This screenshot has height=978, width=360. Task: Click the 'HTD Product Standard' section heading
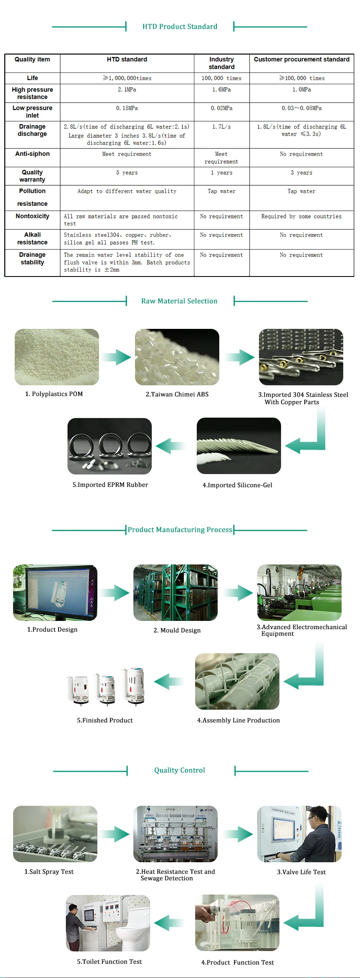[180, 27]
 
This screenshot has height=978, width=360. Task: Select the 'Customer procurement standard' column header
[301, 59]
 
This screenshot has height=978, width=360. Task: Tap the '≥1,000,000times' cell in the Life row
[127, 78]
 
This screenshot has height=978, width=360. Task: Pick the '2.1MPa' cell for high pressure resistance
[127, 90]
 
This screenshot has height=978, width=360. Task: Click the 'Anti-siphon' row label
[32, 154]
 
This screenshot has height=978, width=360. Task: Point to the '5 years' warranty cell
[127, 173]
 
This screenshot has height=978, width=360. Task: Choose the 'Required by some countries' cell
[301, 216]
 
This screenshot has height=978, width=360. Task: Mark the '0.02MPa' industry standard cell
[222, 108]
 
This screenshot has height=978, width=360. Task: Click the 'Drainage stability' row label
[32, 259]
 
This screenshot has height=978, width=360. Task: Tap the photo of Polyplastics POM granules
[57, 357]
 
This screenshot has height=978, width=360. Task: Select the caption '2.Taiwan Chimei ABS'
[177, 394]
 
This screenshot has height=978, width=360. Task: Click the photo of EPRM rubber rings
[110, 446]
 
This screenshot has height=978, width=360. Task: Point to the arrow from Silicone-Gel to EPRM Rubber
[171, 446]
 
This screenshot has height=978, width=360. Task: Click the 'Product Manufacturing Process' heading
[180, 530]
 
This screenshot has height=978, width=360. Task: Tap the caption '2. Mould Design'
[177, 630]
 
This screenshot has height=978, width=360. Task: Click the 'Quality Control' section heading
[180, 770]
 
